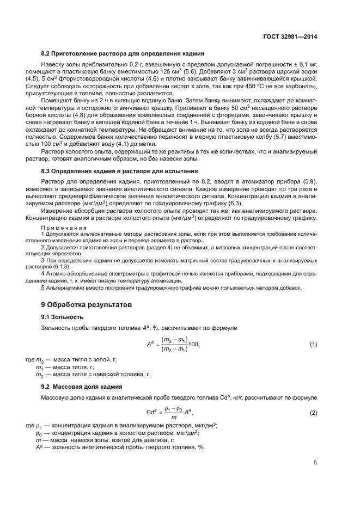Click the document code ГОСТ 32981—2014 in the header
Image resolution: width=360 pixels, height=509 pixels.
(x=288, y=36)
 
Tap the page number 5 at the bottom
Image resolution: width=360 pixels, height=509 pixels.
(x=315, y=463)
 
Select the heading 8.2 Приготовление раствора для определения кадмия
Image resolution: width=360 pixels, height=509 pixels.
(x=123, y=54)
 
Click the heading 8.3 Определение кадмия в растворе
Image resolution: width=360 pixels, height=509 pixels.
(x=126, y=171)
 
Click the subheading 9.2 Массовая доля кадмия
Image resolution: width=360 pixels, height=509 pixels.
(x=81, y=386)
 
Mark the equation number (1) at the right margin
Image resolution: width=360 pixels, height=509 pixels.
(x=313, y=345)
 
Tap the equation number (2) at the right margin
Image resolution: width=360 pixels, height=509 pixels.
(x=313, y=413)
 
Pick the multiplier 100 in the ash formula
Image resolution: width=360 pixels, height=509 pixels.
(x=194, y=345)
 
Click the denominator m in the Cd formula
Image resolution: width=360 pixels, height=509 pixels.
(x=174, y=418)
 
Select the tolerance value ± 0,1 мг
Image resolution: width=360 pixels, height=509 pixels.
(x=303, y=64)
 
